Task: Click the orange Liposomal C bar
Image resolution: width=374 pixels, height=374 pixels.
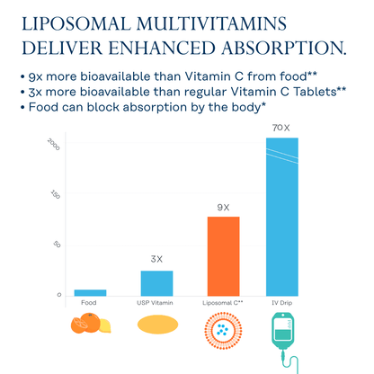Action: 223,255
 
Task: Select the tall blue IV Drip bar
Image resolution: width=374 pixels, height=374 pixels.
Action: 281,216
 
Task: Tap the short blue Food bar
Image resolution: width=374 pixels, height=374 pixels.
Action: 90,292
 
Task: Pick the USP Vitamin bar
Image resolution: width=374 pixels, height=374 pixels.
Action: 156,283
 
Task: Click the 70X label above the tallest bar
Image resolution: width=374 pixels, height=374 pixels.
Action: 281,129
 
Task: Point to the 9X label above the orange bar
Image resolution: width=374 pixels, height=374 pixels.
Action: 223,208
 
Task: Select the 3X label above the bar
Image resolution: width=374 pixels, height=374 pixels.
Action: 156,259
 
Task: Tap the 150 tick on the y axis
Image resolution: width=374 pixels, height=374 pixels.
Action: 56,195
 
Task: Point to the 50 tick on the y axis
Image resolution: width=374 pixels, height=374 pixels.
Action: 58,245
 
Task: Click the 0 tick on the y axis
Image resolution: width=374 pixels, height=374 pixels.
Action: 59,294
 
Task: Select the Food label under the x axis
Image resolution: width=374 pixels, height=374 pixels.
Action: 89,303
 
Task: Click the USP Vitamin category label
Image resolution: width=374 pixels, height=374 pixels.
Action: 156,303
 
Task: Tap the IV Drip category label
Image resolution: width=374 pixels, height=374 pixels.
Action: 281,303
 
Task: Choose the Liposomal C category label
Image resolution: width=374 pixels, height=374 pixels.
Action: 223,303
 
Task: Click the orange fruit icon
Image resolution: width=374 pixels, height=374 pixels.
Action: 90,326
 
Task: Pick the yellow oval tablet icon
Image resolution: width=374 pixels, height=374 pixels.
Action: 156,327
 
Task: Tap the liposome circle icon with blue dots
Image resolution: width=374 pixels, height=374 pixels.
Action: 223,330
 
